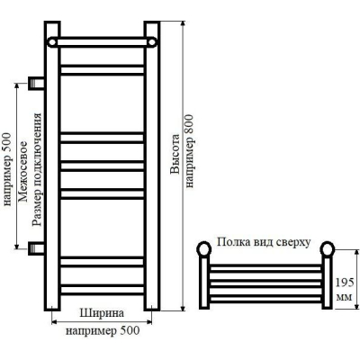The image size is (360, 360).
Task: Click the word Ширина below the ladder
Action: pyautogui.click(x=102, y=313)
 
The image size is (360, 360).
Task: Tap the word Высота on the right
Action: pyautogui.click(x=175, y=154)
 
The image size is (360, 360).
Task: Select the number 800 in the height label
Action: pyautogui.click(x=190, y=123)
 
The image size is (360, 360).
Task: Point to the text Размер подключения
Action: pyautogui.click(x=37, y=169)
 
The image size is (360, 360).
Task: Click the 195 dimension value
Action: pyautogui.click(x=345, y=283)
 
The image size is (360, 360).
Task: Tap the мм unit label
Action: pyautogui.click(x=345, y=297)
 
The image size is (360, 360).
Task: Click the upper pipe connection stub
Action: pyautogui.click(x=37, y=83)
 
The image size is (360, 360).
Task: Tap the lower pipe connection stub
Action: pyautogui.click(x=37, y=248)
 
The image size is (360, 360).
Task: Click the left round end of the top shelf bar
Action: pyautogui.click(x=52, y=42)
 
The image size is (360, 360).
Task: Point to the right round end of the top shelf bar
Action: pyautogui.click(x=152, y=42)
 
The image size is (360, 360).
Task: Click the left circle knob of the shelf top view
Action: pyautogui.click(x=204, y=249)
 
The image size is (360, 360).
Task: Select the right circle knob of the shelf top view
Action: pyautogui.click(x=328, y=249)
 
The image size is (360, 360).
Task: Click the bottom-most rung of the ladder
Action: pyautogui.click(x=103, y=290)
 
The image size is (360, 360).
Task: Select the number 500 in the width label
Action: pyautogui.click(x=130, y=330)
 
